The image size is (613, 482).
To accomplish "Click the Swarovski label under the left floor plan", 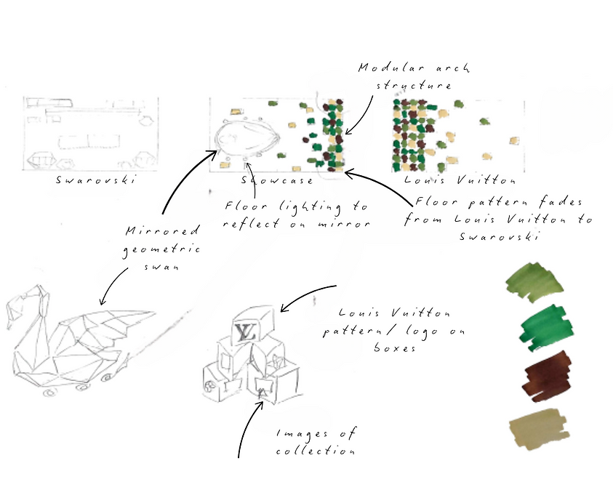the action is pos(96,180).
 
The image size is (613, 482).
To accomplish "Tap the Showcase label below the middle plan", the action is pos(277,180).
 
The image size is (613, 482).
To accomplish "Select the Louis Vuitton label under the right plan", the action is pos(460,180).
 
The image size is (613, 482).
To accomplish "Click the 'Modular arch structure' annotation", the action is pos(414,76).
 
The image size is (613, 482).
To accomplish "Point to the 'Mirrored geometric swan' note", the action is pos(162,248).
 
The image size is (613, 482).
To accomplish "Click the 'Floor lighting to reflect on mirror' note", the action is pos(297,214).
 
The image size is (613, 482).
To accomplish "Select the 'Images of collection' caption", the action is pos(316,442).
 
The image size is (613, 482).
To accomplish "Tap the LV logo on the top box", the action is pos(246,332).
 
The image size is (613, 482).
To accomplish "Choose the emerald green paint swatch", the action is pos(546,328).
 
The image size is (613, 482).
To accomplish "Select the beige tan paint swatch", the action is pos(539,429).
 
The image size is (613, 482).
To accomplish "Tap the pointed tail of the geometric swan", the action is pos(151,313).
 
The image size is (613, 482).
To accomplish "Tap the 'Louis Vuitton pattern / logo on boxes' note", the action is pos(394,330).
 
